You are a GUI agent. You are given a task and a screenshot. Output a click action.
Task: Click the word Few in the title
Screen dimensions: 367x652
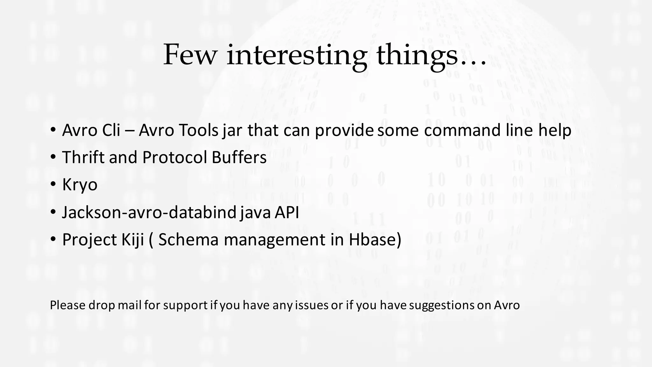pos(190,55)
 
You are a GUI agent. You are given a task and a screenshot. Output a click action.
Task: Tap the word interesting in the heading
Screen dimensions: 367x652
pos(296,55)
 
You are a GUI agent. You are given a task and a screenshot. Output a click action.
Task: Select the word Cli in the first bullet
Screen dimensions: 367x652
pos(111,130)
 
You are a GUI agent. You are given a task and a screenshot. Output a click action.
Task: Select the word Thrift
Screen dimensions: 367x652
pos(83,157)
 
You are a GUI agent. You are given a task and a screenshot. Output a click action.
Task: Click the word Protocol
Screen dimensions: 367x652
pos(174,157)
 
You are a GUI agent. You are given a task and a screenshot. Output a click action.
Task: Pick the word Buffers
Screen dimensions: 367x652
pos(239,157)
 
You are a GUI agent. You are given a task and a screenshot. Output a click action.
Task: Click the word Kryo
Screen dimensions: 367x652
pos(80,185)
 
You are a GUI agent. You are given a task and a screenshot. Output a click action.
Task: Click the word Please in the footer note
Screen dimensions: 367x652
pos(67,306)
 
